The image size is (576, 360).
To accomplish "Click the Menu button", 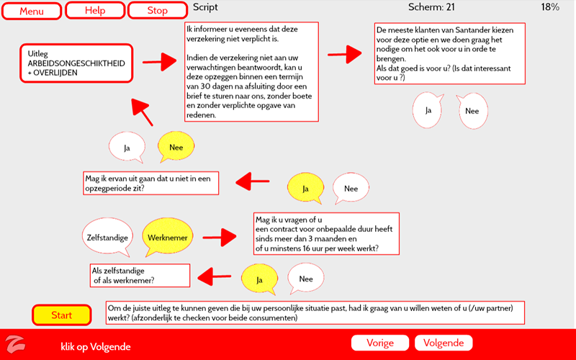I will coord(32,11).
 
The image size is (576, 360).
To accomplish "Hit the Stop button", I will coord(157,11).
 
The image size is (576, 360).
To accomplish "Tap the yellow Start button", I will coord(62,315).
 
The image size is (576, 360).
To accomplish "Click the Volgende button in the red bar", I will coord(444,343).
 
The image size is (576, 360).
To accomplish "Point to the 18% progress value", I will coord(550,7).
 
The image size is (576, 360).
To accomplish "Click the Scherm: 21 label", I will coord(431,7).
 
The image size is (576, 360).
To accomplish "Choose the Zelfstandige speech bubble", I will coord(107,237).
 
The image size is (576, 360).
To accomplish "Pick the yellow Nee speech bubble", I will coord(176,148).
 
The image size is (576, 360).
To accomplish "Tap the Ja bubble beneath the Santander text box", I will coord(428,110).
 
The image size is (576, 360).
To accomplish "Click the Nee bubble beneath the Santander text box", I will coord(472,111).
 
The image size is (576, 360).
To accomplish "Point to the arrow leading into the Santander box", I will coord(344,53).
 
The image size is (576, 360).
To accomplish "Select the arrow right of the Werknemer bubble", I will coord(220,235).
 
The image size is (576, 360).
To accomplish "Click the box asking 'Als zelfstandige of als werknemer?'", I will coord(138,275).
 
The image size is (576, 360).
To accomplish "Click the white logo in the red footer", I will coord(15,343).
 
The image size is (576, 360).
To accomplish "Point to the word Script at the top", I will coord(205,7).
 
